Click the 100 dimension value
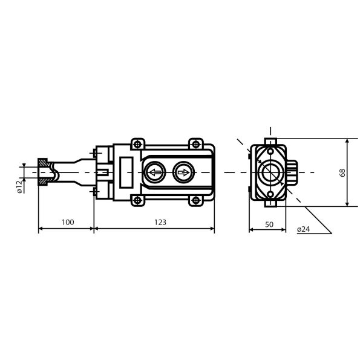click(68, 222)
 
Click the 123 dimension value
click(160, 222)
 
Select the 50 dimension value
click(269, 224)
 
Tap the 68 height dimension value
click(342, 172)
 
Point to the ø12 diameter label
click(20, 187)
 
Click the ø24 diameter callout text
click(303, 229)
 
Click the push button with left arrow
click(155, 172)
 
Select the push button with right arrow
click(183, 172)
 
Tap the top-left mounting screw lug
click(138, 144)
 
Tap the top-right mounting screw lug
click(196, 144)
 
